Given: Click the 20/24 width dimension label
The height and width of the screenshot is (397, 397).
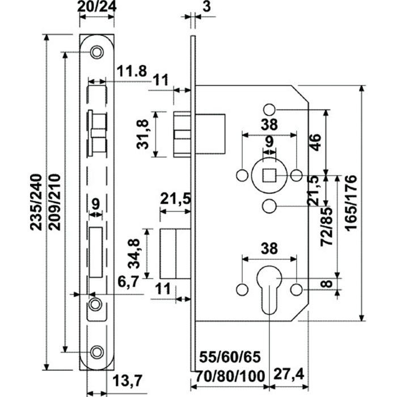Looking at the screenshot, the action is click(97, 7).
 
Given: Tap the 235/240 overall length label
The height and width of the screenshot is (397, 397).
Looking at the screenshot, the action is click(35, 202).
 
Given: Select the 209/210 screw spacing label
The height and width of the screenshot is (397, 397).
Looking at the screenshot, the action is click(54, 202).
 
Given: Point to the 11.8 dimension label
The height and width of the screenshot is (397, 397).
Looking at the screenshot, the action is click(132, 71).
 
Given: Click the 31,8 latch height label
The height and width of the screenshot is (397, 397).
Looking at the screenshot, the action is click(142, 134).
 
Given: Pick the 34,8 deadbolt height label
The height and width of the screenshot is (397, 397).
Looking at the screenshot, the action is click(134, 254).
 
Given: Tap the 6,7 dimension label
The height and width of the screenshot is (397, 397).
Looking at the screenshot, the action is click(129, 281).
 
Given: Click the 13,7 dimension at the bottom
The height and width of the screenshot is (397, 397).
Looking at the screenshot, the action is click(128, 381).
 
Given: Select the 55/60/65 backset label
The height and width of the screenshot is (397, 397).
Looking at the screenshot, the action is click(230, 357).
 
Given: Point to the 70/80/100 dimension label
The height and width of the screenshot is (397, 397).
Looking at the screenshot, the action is click(231, 376).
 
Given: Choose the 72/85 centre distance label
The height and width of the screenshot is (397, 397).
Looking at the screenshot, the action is click(326, 227).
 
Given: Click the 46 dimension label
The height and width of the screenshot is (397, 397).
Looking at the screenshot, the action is click(315, 142).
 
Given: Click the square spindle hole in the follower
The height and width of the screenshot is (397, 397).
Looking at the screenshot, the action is click(269, 175).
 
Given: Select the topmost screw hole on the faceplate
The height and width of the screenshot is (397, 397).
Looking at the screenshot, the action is click(97, 52).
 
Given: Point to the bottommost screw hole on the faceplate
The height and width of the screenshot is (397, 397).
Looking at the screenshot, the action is click(97, 352).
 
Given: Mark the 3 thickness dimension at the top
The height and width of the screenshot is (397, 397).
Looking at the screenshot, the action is click(206, 7).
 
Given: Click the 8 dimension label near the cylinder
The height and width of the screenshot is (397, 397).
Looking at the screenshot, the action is click(328, 284).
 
